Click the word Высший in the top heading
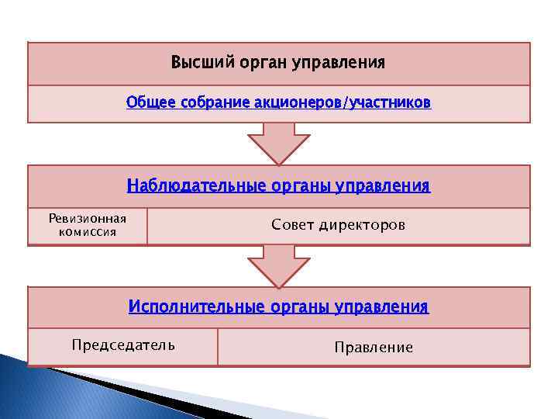(194, 62)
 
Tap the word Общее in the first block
(147, 103)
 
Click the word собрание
(207, 103)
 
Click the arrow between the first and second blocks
(278, 144)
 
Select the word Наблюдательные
(197, 186)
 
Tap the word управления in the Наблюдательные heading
(384, 186)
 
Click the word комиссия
(87, 231)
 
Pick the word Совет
(292, 225)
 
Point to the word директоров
(363, 225)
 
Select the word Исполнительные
(195, 307)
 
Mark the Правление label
(374, 348)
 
